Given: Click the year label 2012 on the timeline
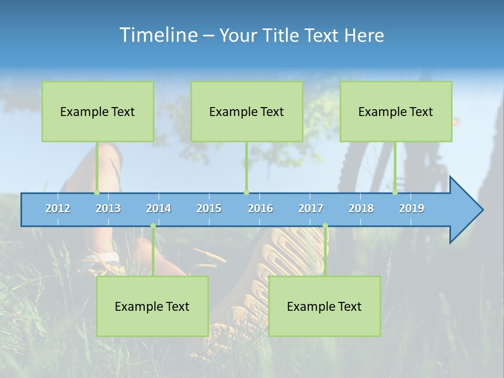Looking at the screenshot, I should click(58, 208).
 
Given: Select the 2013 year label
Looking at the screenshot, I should click(108, 208).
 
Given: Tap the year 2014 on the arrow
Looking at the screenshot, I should click(159, 208).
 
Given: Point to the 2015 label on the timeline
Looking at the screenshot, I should click(209, 208).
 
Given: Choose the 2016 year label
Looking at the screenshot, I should click(260, 208).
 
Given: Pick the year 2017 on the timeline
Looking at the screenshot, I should click(311, 208).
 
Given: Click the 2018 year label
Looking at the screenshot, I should click(361, 208).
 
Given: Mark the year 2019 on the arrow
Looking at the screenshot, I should click(412, 208).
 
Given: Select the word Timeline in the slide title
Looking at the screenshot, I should click(157, 35).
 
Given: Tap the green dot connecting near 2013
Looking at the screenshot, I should click(97, 193).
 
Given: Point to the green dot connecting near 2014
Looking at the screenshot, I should click(153, 226).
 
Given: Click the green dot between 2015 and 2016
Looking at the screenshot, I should click(246, 193).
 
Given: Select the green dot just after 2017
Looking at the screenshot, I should click(325, 226).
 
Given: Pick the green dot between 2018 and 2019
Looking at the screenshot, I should click(395, 193).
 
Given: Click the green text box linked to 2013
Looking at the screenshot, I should click(98, 111).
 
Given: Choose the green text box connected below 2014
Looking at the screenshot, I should click(152, 306).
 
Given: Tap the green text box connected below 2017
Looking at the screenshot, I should click(324, 306).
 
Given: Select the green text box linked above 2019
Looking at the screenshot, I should click(396, 111).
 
